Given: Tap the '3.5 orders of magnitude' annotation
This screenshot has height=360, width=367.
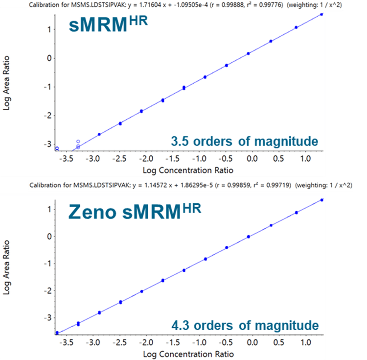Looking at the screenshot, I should [244, 142].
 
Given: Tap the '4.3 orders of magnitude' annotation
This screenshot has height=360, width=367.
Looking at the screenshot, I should [244, 325].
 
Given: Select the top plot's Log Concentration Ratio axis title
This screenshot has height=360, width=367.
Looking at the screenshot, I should [187, 170].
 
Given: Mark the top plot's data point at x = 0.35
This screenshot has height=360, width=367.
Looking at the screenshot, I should [271, 41].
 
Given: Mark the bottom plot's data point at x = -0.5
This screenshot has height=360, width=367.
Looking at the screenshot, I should [227, 247].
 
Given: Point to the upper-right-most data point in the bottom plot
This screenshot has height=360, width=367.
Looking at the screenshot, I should [321, 199].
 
